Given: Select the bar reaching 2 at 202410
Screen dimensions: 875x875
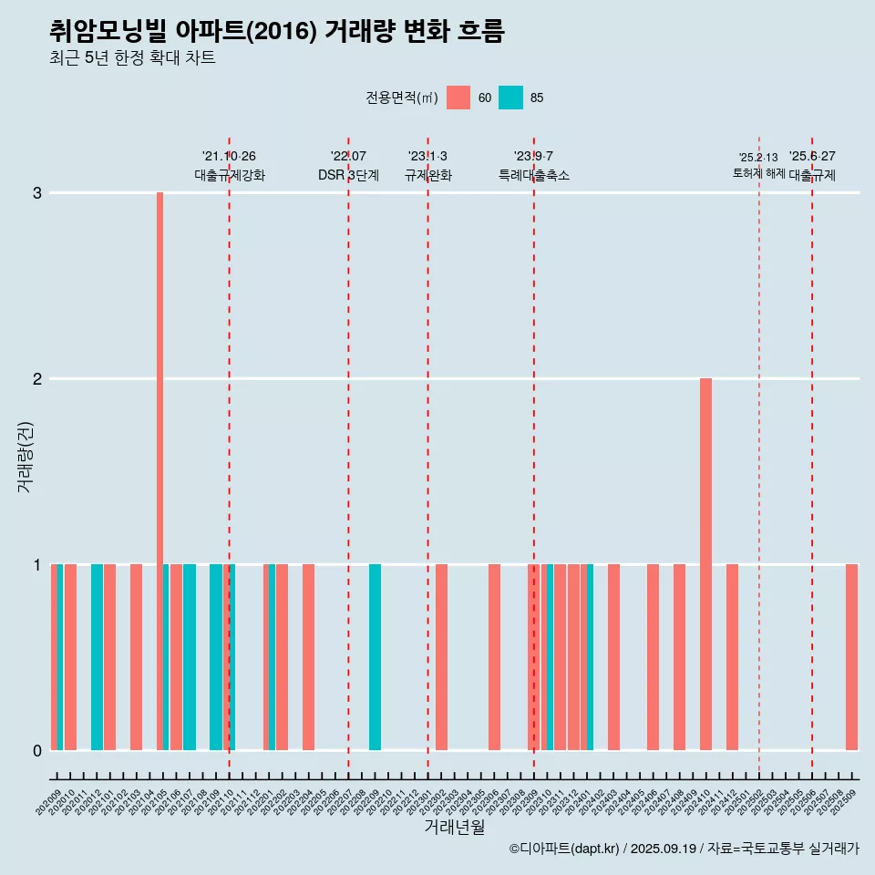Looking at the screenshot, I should click(705, 565).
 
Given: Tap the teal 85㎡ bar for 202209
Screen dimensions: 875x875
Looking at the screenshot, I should click(375, 656).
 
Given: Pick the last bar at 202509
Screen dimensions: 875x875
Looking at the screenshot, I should click(851, 656).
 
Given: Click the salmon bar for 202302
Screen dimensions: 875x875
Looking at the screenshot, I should click(441, 656).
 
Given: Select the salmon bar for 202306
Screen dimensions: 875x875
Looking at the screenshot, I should click(494, 656).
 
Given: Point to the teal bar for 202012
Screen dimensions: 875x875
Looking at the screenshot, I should click(97, 656).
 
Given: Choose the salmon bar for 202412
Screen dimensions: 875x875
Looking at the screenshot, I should click(732, 656).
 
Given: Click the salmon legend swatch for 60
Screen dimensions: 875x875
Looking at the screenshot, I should click(458, 98).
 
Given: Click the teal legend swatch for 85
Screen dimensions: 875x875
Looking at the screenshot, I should click(510, 98).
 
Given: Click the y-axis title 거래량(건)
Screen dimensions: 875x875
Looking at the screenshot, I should click(25, 456).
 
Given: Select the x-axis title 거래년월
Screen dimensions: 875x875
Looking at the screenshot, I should click(454, 827).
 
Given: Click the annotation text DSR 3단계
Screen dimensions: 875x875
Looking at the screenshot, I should click(348, 175).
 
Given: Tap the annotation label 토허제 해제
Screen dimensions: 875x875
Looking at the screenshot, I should click(758, 173).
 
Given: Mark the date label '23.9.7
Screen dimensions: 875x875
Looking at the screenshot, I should click(533, 157).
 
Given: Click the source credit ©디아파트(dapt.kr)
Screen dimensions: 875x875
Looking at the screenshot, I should click(565, 849).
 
